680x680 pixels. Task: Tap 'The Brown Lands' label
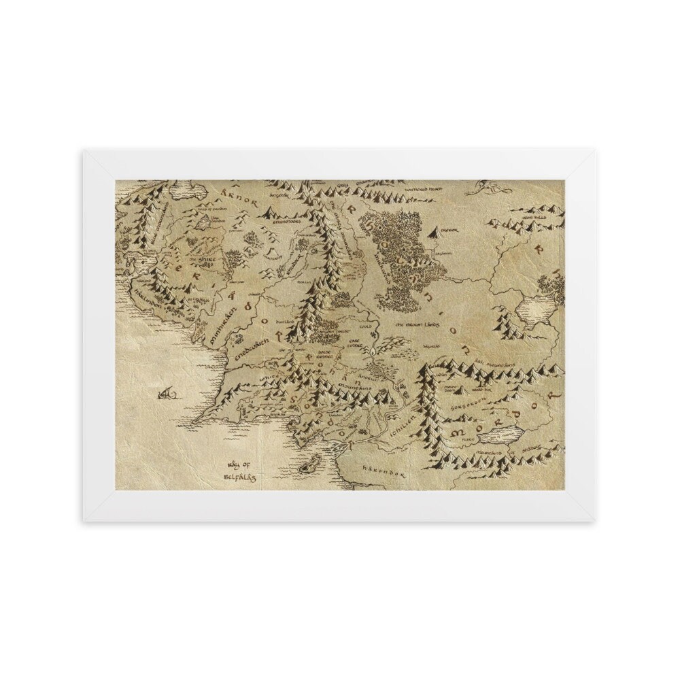tap(420, 325)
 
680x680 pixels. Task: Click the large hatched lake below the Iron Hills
tap(534, 312)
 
